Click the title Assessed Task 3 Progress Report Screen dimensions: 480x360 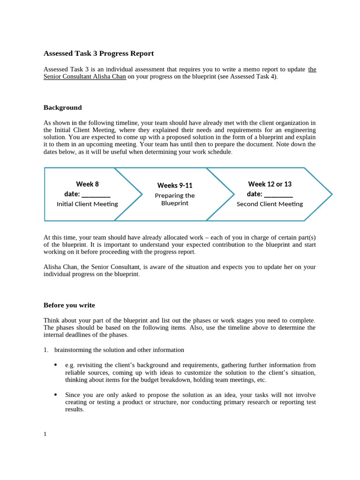pyautogui.click(x=98, y=53)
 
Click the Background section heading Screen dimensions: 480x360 pyautogui.click(x=62, y=108)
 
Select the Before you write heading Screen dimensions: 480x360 pyautogui.click(x=69, y=305)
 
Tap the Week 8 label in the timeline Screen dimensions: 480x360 pyautogui.click(x=87, y=184)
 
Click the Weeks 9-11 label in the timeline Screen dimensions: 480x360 pyautogui.click(x=174, y=186)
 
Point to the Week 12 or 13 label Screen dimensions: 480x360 pyautogui.click(x=270, y=184)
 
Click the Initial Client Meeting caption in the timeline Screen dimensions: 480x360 pyautogui.click(x=87, y=204)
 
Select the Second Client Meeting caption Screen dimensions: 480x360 pyautogui.click(x=270, y=204)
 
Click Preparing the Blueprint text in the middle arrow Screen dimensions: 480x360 pyautogui.click(x=174, y=199)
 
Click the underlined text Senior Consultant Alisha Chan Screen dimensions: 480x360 pyautogui.click(x=85, y=77)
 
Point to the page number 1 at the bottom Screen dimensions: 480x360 pyautogui.click(x=45, y=434)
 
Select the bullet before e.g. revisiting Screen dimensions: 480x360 pyautogui.click(x=56, y=365)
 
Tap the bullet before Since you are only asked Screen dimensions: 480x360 pyautogui.click(x=56, y=394)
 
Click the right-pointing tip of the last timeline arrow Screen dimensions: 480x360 pyautogui.click(x=331, y=194)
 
